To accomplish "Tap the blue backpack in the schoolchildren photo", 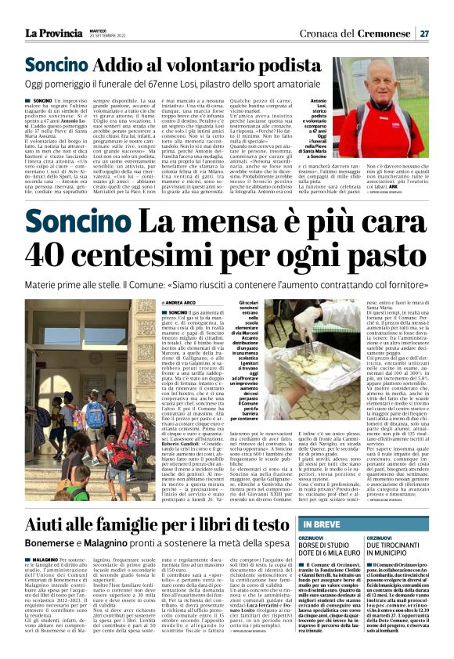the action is pos(95,414).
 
